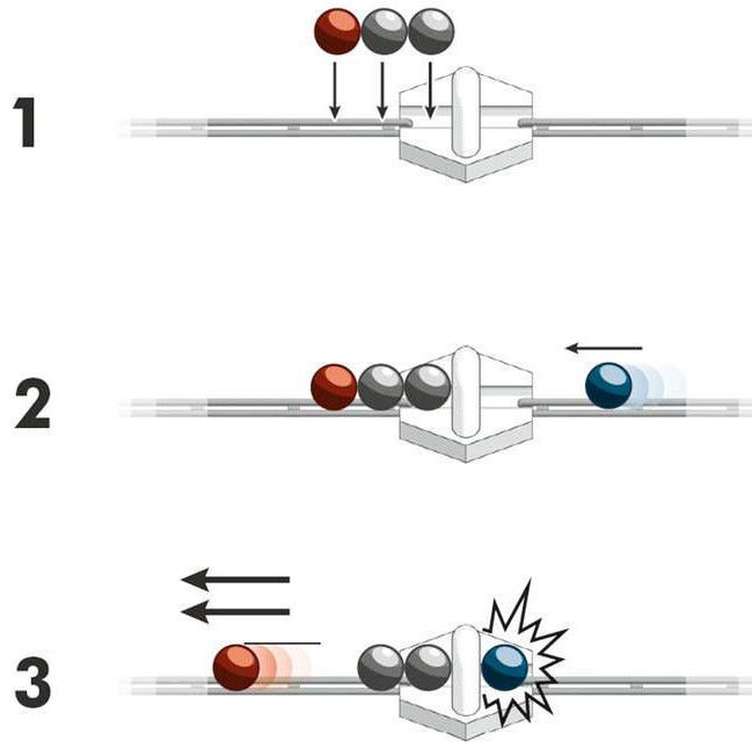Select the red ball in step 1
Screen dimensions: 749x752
point(337,31)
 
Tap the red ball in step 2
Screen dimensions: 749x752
point(334,387)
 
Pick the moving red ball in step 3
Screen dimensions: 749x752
point(236,667)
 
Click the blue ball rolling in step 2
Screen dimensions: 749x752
point(608,386)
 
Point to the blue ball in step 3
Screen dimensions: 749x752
point(505,668)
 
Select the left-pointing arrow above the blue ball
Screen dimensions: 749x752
point(604,348)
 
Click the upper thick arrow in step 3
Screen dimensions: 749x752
point(236,580)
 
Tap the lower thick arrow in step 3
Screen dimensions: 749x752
point(236,612)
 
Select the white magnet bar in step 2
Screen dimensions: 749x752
point(465,392)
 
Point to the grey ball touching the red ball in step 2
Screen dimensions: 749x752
point(380,387)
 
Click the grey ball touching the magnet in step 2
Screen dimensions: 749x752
point(428,387)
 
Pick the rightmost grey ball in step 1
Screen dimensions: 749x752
point(431,31)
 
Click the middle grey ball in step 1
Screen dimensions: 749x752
point(384,31)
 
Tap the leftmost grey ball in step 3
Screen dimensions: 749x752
point(380,668)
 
